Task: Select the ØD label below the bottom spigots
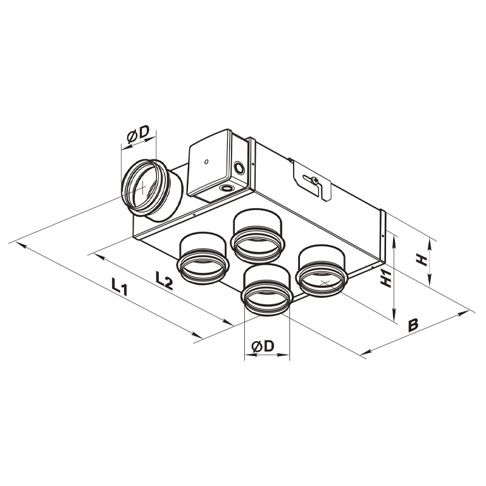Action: coord(262,346)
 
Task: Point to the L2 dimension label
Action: coord(163,278)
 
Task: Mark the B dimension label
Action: coord(413,325)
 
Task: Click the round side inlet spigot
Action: coord(149,189)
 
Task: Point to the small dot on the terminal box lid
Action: coord(207,163)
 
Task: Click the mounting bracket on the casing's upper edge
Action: coord(311,180)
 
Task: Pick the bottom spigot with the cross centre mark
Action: coord(322,272)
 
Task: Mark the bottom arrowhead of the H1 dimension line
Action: coord(396,320)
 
